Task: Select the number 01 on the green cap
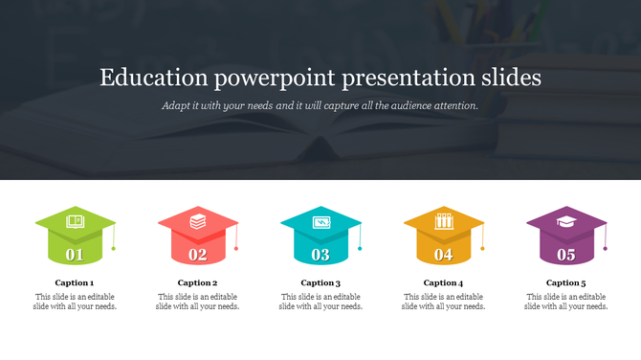(75, 255)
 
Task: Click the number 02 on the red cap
(198, 255)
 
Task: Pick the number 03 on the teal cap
(320, 255)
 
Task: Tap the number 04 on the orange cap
(444, 255)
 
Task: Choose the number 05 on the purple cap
(566, 255)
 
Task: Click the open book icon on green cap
(75, 222)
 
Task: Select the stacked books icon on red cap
(197, 221)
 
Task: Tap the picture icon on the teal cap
(320, 222)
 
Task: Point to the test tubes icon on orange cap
(443, 221)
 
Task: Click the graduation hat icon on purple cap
(566, 221)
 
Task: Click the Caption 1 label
(75, 283)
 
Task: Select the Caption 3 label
(320, 283)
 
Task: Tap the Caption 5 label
(566, 283)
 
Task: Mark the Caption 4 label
(443, 283)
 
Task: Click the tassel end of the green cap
(114, 249)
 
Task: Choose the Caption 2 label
(198, 283)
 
